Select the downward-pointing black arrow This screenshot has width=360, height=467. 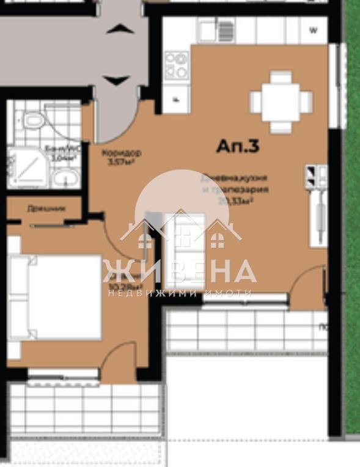(x=116, y=79)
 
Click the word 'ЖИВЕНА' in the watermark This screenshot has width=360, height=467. (x=180, y=271)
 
